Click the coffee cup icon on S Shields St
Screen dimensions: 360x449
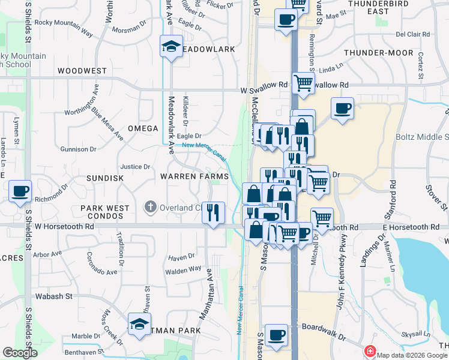[20, 191]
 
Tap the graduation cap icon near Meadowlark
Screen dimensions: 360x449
[171, 46]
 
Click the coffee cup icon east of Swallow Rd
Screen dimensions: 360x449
[342, 109]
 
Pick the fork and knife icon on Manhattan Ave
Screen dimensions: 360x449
[213, 212]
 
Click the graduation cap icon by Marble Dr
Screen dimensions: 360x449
[139, 325]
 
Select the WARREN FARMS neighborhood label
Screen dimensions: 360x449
[194, 176]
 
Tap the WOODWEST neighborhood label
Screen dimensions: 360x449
[82, 71]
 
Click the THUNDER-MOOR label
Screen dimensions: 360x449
[387, 53]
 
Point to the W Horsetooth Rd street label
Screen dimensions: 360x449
[65, 227]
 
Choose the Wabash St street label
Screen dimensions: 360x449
[52, 296]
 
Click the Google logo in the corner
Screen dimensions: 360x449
[20, 353]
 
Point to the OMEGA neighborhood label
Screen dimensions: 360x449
[143, 128]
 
